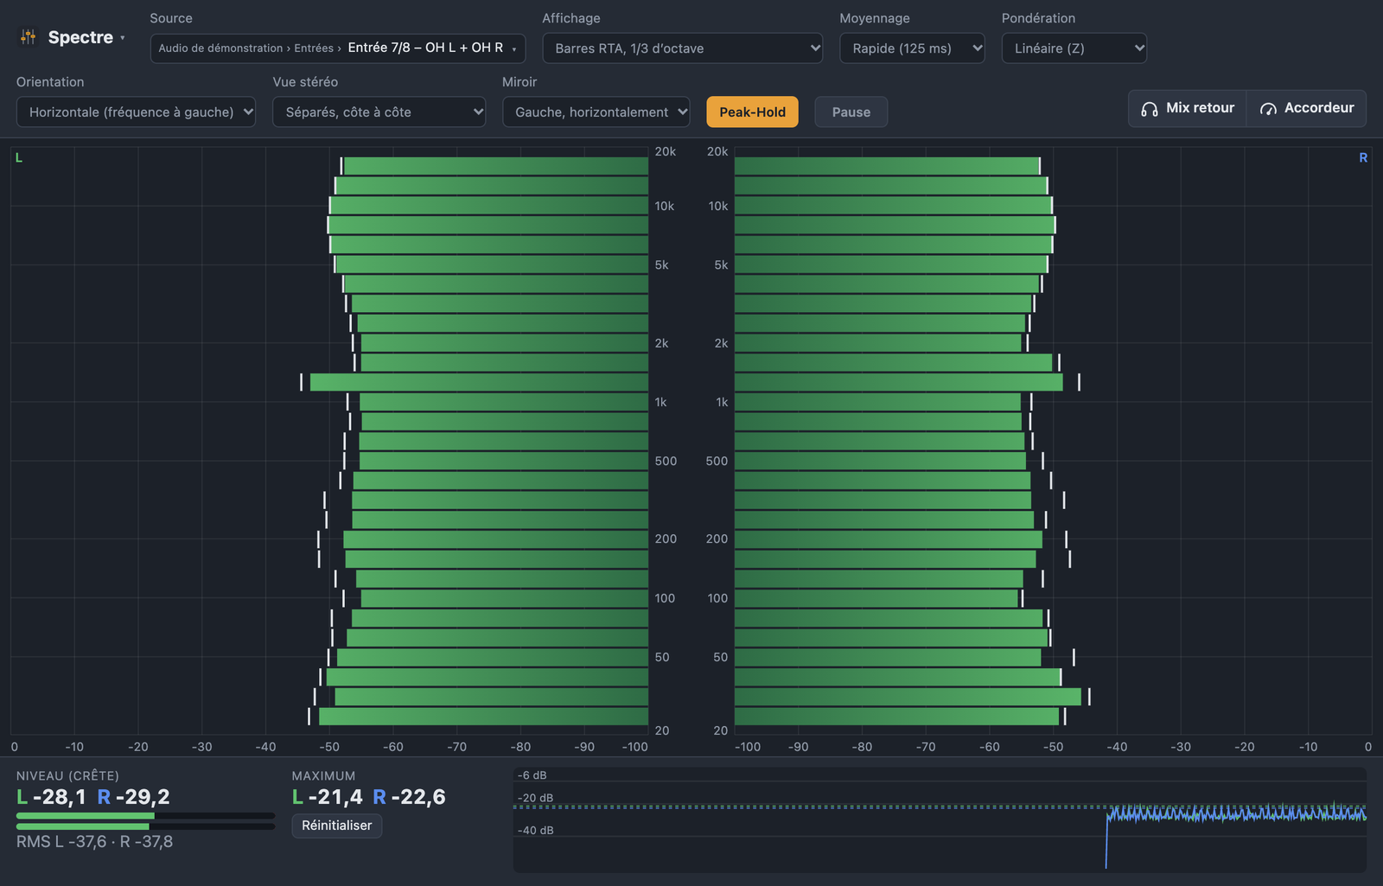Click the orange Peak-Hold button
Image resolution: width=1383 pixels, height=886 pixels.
(752, 112)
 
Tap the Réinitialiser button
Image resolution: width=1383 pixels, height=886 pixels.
(336, 825)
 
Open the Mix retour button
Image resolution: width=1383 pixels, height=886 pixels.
(1188, 108)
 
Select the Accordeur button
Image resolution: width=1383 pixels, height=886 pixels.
(1306, 108)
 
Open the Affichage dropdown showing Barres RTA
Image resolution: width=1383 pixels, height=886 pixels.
(682, 48)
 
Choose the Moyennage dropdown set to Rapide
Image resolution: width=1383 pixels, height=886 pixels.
(912, 48)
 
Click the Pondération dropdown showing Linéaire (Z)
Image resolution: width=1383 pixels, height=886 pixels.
(1074, 48)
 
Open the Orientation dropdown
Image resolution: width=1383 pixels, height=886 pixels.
(136, 112)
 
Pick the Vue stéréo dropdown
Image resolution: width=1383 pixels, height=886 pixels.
(379, 112)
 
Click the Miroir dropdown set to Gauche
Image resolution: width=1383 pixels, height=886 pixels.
(596, 112)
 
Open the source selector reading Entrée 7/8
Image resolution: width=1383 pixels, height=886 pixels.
(338, 48)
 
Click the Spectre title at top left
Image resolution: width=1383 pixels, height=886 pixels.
(80, 37)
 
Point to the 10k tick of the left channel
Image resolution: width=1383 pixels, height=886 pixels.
(665, 207)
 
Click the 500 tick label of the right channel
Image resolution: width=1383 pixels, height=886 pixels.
(717, 462)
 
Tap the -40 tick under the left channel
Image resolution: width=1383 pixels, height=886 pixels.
(265, 747)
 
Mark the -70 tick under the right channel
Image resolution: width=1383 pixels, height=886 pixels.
(926, 747)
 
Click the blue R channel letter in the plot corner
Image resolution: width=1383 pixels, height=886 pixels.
(1362, 158)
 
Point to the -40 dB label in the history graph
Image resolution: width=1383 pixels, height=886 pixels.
(535, 831)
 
